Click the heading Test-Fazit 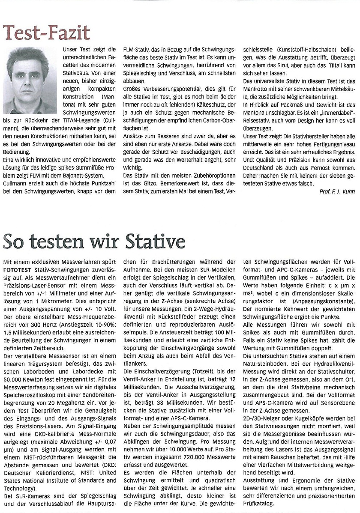pyautogui.click(x=46, y=33)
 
